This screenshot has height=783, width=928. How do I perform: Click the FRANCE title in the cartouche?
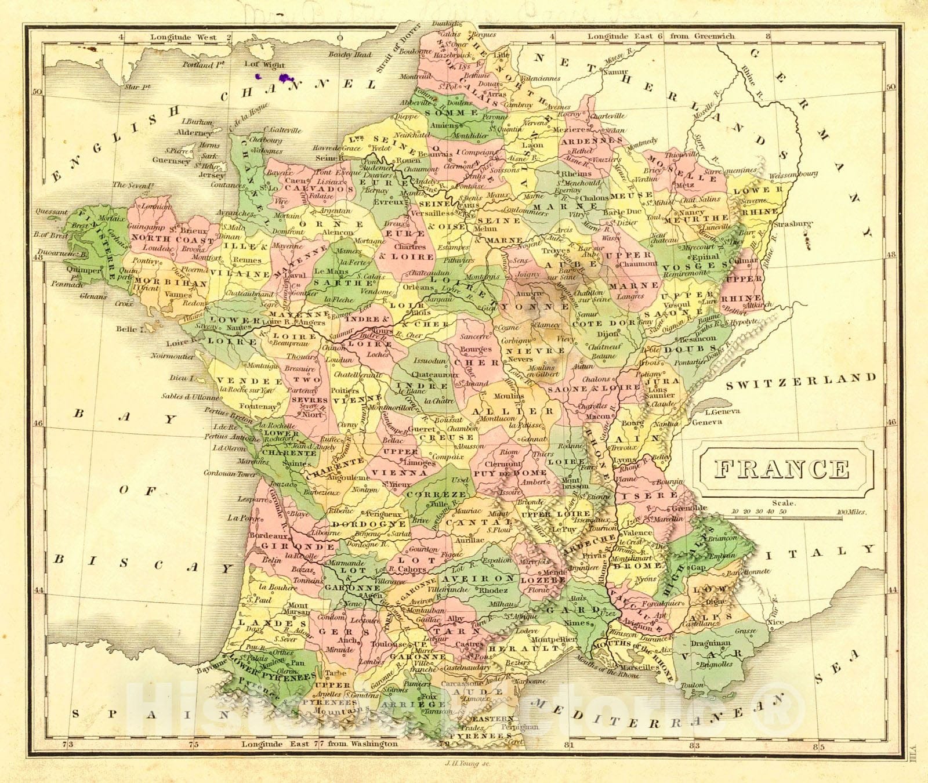781,469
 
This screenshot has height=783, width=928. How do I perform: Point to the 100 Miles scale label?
851,512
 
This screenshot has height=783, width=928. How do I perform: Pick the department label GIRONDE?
298,546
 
